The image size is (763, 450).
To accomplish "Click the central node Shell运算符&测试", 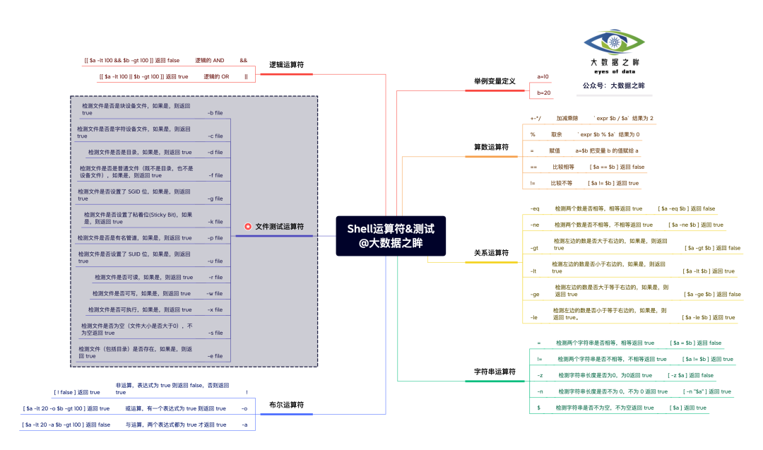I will (x=391, y=235).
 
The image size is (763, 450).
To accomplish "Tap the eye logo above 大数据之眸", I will (x=614, y=44).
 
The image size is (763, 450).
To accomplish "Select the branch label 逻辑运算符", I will (x=286, y=64).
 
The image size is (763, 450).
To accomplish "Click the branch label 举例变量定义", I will (x=495, y=82).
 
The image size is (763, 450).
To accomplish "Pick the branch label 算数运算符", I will (x=491, y=147).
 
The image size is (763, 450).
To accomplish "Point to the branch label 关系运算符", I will (x=491, y=252).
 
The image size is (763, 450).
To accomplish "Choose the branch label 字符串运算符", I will (x=495, y=372).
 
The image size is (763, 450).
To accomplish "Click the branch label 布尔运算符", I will (x=286, y=405).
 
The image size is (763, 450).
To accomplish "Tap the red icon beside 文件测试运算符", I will (x=248, y=227).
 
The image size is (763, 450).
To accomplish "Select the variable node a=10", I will (x=543, y=76).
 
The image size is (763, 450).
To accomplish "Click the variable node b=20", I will (x=544, y=93).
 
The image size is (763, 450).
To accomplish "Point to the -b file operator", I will (x=215, y=113).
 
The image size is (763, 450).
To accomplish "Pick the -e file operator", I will (x=215, y=356).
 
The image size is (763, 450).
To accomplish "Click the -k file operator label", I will (x=215, y=222).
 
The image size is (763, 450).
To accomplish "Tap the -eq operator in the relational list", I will (x=535, y=209).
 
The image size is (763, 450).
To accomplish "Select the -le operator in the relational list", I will (x=534, y=318).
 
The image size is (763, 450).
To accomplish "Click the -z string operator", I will (x=540, y=375).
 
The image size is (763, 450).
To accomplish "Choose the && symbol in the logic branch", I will (x=244, y=61).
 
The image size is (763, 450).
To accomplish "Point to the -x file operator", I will (x=215, y=309).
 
